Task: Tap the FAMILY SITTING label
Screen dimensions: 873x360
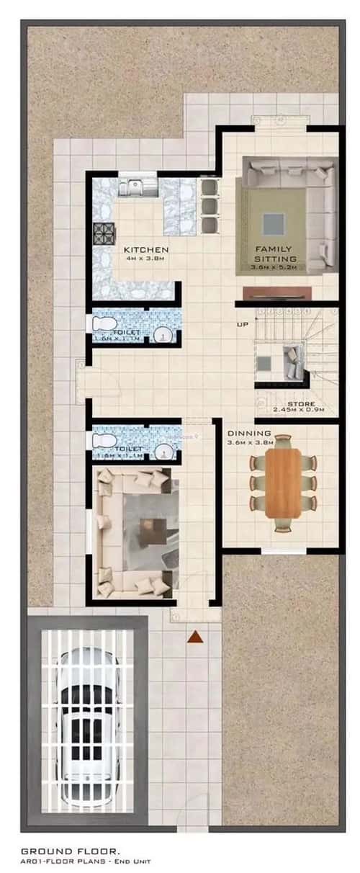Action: click(x=274, y=254)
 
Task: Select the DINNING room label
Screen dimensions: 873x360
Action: click(x=248, y=434)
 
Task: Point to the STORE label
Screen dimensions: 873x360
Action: click(x=301, y=404)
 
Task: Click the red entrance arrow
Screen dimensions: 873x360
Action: click(x=194, y=637)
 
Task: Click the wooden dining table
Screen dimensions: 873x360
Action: click(x=283, y=483)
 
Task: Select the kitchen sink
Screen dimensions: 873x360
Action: click(x=133, y=187)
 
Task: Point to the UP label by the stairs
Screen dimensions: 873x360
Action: click(x=242, y=325)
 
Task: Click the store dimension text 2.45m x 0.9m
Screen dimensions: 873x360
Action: click(x=299, y=411)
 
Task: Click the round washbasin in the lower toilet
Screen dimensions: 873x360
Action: click(x=165, y=452)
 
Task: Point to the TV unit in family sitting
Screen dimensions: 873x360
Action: click(x=276, y=292)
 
